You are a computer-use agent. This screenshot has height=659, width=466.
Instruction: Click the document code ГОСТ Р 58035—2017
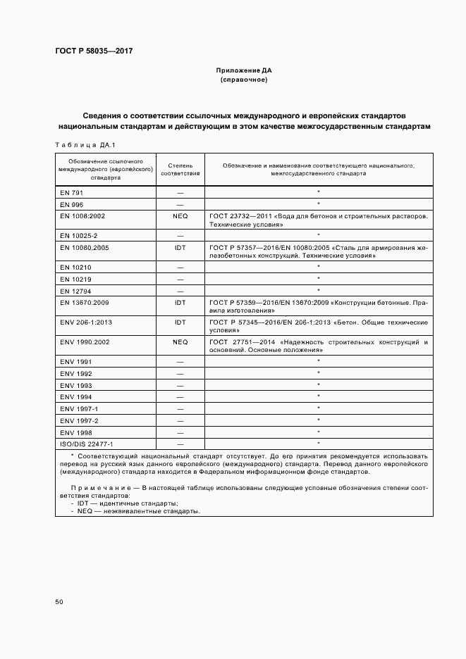(94, 51)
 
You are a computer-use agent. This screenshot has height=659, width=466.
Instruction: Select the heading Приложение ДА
(243, 71)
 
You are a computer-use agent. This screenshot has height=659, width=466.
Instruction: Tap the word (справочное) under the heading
(243, 80)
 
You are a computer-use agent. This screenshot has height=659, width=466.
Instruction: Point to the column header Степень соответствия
(180, 170)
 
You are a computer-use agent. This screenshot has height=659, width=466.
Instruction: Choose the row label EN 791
(71, 192)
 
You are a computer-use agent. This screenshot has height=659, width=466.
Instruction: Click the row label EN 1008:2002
(82, 215)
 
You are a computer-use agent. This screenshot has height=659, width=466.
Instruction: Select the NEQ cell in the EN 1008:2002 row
(180, 215)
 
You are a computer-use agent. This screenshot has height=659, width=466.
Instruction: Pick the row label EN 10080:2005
(85, 248)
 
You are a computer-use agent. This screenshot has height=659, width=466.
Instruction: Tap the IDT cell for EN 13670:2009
(180, 301)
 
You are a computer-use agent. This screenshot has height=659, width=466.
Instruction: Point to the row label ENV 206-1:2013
(87, 322)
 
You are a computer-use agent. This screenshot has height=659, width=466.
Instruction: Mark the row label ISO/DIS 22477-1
(87, 444)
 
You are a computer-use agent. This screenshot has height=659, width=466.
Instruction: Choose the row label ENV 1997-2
(79, 420)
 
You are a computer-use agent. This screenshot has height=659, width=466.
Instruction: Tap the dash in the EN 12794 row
(180, 290)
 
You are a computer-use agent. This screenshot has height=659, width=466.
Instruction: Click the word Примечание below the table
(97, 488)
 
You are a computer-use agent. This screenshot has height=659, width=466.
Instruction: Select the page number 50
(59, 602)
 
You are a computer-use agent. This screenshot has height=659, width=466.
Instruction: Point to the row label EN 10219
(75, 279)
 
